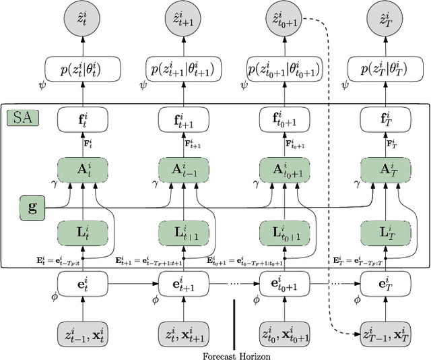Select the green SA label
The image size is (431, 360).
[x=22, y=119]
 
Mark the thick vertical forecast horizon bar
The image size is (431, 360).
[x=234, y=322]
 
